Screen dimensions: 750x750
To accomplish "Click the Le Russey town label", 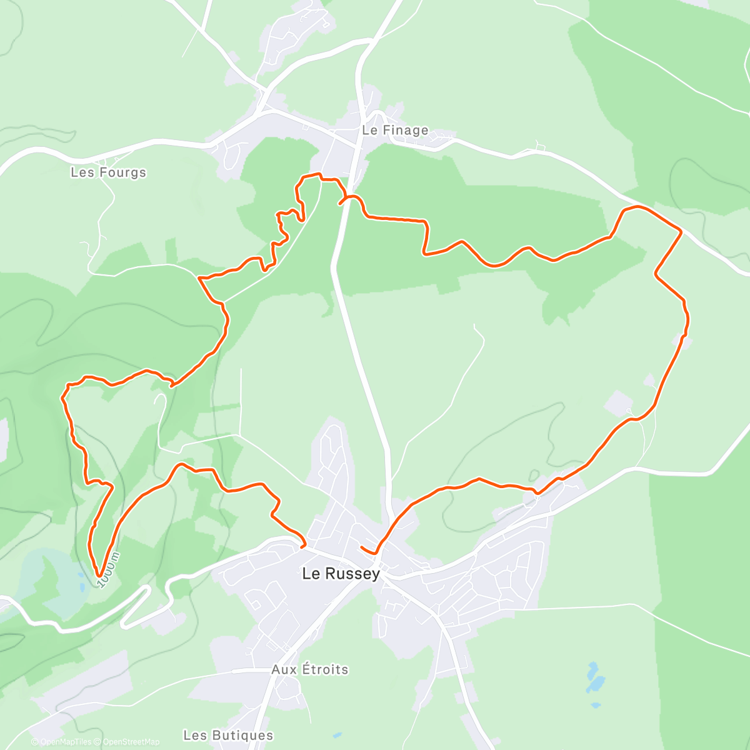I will (341, 573).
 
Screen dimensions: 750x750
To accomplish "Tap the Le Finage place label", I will (395, 130).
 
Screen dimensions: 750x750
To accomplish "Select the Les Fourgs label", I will (108, 172).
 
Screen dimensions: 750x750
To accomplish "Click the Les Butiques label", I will (228, 735).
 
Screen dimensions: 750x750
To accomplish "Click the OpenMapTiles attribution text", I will (66, 742).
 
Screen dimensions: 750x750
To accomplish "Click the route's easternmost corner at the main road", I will (681, 231).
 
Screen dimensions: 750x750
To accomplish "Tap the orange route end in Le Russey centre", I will (362, 547).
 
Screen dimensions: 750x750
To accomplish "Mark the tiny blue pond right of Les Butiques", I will (337, 735).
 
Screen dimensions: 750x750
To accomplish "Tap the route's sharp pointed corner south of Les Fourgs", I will (199, 277).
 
